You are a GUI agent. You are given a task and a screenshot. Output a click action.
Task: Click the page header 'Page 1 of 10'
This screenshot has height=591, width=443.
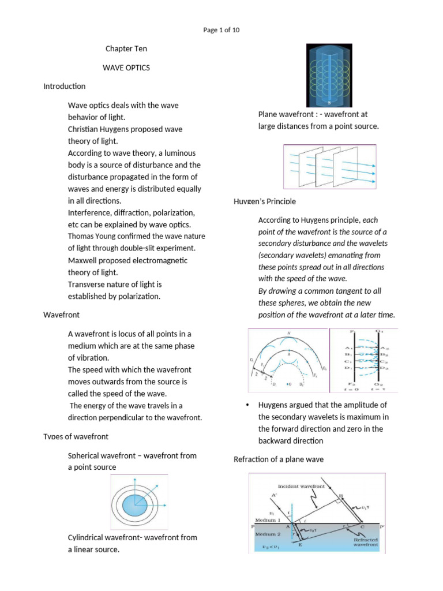pos(221,31)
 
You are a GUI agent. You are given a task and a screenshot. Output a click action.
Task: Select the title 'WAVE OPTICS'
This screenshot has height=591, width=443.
pos(126,68)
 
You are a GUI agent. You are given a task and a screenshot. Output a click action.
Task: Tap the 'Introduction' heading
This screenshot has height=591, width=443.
pos(64,86)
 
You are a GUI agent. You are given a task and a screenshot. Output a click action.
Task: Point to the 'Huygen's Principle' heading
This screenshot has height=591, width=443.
pos(265,201)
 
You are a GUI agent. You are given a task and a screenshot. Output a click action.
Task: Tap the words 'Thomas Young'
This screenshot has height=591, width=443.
pos(92,236)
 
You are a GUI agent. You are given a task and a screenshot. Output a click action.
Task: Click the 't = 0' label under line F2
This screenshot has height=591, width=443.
pos(346,389)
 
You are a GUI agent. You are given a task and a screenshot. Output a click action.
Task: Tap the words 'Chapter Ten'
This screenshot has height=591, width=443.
pos(126,49)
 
